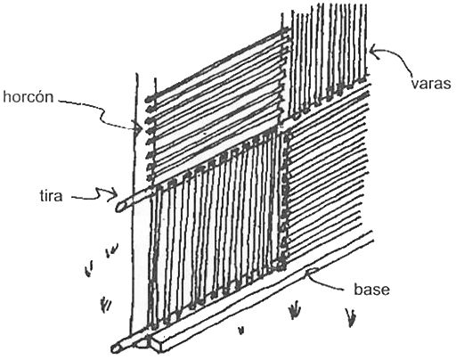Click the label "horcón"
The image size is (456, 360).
tap(28, 97)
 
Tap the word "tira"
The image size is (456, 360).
tap(52, 196)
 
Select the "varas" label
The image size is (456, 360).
tap(431, 84)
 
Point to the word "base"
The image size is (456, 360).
tap(371, 289)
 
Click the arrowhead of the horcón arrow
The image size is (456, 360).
tap(140, 129)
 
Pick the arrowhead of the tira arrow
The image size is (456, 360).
tap(114, 194)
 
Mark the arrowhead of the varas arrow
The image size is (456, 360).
tap(373, 51)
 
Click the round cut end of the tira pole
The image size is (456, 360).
tap(120, 206)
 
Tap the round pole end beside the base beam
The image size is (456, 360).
tap(117, 348)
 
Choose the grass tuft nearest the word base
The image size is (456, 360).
tap(351, 317)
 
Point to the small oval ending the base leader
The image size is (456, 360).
tap(312, 271)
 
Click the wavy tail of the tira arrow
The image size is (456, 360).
tap(89, 194)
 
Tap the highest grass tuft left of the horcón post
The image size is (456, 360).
tap(112, 250)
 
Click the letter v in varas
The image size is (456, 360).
tap(415, 85)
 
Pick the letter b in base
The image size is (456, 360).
tap(358, 289)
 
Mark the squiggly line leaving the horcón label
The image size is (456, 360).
tap(98, 114)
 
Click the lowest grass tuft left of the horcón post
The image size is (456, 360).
tap(105, 304)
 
